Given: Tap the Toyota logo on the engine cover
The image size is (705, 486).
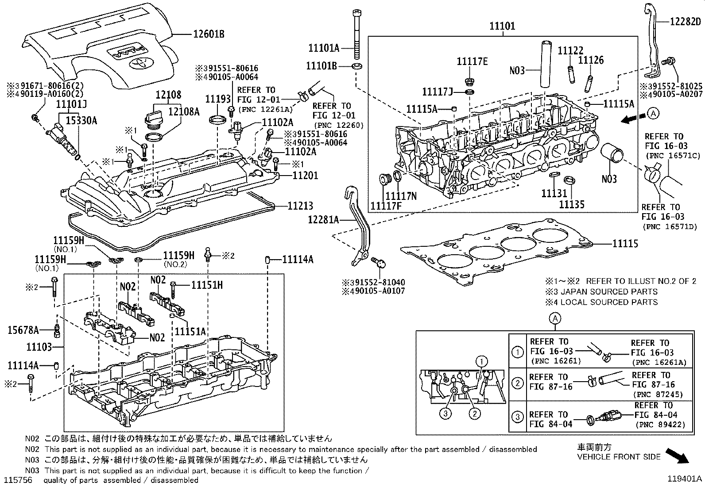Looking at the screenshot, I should coord(138,64).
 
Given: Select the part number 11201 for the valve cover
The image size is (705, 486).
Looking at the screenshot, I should coord(305,176).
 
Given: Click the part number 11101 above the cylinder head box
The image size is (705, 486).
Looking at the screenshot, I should coord(502,26).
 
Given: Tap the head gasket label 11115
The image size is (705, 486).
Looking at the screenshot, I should coord(625,244).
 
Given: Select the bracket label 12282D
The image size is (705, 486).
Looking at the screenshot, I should coord(686,21).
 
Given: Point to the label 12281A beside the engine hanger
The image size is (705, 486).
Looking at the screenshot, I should coord(323,219).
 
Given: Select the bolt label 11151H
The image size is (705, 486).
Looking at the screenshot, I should coord(207,285).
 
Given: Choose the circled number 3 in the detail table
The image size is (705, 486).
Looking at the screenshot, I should coord(517,418).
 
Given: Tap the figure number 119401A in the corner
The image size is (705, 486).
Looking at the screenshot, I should coord(685,478).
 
